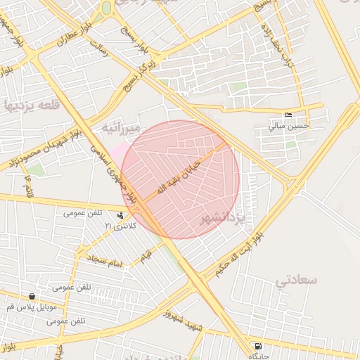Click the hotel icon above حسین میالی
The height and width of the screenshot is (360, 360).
(288, 115)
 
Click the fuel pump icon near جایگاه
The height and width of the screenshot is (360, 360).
(259, 347)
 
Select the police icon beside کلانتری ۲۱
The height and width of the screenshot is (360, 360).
(122, 216)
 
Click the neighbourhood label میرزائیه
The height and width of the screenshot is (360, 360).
(121, 127)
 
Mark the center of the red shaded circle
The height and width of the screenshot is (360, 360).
(181, 179)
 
